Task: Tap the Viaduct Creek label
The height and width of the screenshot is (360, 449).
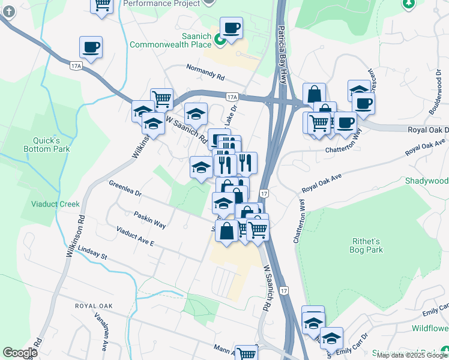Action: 55,204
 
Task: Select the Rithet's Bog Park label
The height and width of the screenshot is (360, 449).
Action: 366,245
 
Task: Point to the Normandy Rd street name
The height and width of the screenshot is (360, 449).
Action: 205,73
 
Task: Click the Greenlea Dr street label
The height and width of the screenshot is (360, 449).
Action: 125,189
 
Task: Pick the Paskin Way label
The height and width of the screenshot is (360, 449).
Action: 149,219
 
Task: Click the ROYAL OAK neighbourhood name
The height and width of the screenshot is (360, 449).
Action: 94,306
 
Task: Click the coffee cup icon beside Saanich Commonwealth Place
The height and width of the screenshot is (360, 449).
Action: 231,28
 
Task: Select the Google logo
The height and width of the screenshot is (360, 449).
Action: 20,353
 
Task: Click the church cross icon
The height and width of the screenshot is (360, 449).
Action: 7,10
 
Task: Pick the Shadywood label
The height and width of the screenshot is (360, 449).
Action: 426,181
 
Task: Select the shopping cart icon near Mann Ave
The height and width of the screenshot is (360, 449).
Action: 246,354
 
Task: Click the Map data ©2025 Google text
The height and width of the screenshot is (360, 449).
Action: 412,355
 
